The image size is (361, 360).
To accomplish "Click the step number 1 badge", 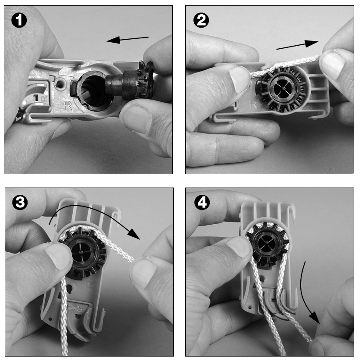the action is pos(19,20).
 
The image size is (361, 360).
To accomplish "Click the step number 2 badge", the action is pos(201,20).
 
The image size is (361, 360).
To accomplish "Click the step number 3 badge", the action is pos(20,203).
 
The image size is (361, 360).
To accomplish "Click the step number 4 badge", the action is pos(202,203).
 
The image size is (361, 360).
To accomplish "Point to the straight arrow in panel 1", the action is pos(128,40).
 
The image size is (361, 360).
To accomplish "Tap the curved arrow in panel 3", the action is pos(92,214).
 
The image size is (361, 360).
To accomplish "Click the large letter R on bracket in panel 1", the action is pos(68,106).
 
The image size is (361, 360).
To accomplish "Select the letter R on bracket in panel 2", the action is pos(253,104).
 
